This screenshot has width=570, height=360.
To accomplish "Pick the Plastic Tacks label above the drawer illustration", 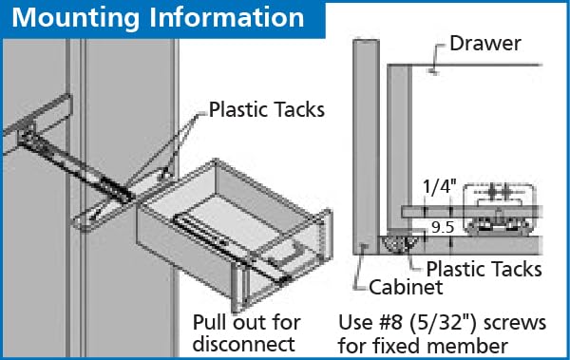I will tap(266, 110).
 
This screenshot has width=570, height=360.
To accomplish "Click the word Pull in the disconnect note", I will tap(211, 320).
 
